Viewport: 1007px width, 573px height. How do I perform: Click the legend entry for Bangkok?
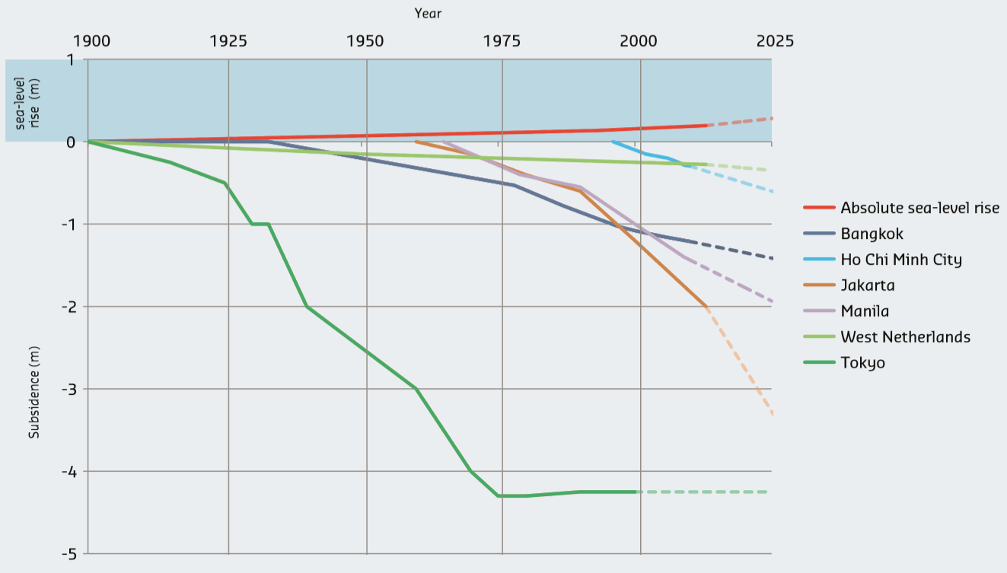click(x=872, y=234)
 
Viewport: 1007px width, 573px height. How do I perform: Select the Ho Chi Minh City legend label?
click(x=900, y=259)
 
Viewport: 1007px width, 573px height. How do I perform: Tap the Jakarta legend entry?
click(x=867, y=285)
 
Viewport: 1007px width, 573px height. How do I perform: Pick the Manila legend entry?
click(x=865, y=311)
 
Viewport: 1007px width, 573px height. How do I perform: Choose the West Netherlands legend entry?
click(x=905, y=337)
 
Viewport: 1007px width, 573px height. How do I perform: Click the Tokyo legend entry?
click(x=862, y=363)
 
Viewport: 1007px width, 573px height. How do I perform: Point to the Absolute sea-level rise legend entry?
click(x=919, y=208)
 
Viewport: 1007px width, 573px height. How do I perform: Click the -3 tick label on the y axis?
click(x=71, y=389)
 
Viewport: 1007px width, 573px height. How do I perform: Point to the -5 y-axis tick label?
click(x=71, y=553)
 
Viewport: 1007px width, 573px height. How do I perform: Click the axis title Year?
click(x=428, y=13)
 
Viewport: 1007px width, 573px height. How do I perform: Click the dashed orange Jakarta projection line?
click(x=741, y=362)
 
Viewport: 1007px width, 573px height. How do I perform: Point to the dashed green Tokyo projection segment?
click(x=704, y=492)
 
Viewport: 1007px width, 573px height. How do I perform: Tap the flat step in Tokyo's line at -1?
click(x=260, y=224)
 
